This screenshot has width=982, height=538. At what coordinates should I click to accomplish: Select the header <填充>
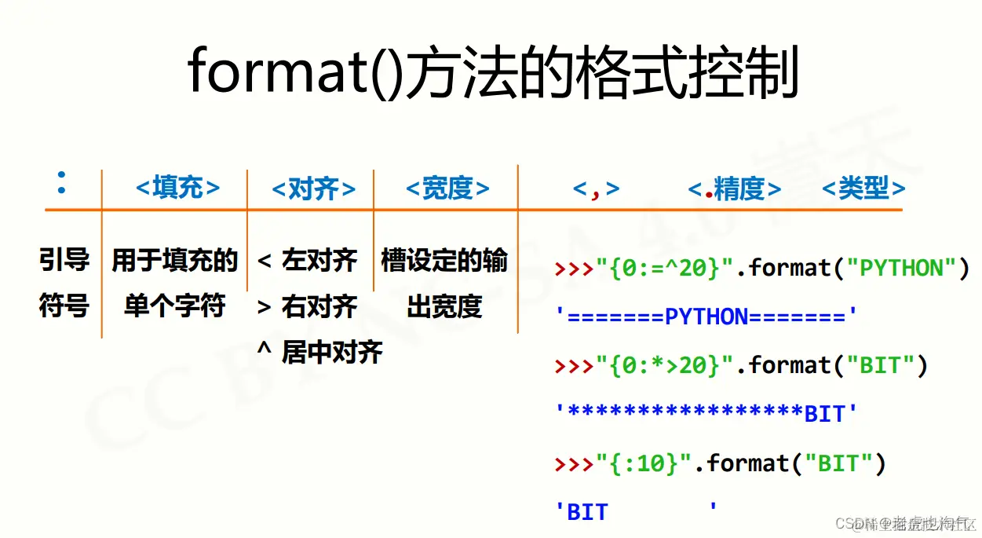177,188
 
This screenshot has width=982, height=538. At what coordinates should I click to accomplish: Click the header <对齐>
313,188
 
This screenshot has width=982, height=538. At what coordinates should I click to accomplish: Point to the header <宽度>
447,188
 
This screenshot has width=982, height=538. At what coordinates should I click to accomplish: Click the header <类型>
863,188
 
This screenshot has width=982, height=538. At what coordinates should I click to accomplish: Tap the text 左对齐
319,260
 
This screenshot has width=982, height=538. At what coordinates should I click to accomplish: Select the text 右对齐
319,306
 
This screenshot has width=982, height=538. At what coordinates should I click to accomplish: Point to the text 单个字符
174,306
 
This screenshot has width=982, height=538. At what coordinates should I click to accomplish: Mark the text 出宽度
444,306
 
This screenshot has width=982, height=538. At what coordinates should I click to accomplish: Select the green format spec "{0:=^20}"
664,269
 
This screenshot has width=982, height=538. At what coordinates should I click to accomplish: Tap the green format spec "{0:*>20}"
664,365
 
